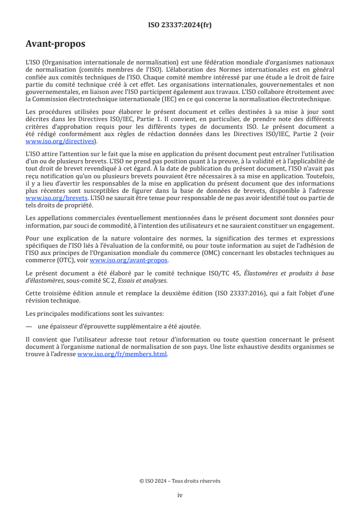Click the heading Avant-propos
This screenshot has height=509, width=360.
tap(55, 44)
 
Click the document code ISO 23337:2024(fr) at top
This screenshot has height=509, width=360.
tap(180, 25)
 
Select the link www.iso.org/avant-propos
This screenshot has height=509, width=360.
tap(129, 260)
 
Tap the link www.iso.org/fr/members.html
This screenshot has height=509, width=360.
tap(122, 354)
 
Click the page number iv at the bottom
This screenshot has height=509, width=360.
tap(180, 495)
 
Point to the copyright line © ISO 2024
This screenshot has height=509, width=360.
tap(180, 481)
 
